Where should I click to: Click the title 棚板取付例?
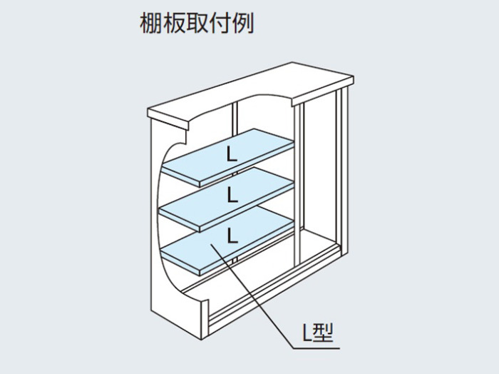pos(197,23)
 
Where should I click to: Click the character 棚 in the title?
pos(151,23)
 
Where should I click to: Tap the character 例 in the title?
pos(243,23)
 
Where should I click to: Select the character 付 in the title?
pos(220,23)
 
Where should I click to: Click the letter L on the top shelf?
pos(232,155)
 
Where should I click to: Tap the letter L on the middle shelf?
pos(232,196)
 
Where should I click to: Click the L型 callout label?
pos(317,333)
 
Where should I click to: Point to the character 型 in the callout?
pos(322,333)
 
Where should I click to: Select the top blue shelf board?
pos(228,157)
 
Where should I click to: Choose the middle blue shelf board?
pos(227,198)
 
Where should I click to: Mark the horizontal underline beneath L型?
pos(317,348)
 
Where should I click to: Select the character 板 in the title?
pos(174,23)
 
